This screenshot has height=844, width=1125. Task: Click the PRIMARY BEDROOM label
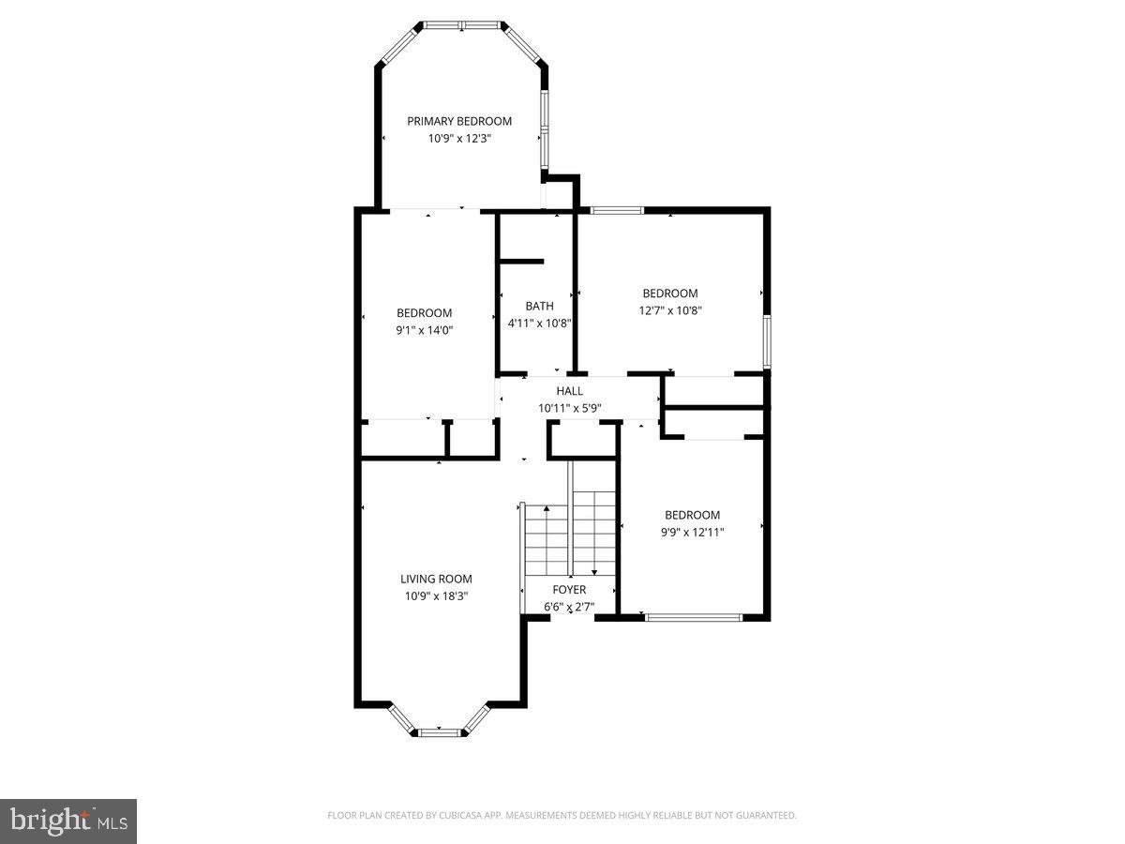(x=459, y=121)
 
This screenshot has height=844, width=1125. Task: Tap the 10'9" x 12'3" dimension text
(x=459, y=138)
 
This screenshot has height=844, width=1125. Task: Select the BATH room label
(x=539, y=306)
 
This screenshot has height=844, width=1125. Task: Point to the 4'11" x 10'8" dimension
(x=539, y=323)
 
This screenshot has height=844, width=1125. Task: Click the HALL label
(x=569, y=391)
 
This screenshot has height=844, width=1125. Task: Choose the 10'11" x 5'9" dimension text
(x=569, y=408)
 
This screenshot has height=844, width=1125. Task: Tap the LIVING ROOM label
(x=436, y=579)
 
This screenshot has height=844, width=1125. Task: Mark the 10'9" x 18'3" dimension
(x=436, y=595)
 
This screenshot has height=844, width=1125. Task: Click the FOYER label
(x=569, y=590)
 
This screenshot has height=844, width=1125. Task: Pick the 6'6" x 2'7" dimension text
(x=569, y=607)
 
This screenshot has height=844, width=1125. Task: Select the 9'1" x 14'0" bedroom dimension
(x=424, y=329)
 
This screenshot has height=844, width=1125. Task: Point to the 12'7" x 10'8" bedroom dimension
(x=669, y=309)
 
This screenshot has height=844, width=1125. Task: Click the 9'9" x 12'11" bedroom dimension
(x=693, y=532)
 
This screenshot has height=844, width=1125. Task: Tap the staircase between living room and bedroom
(x=570, y=539)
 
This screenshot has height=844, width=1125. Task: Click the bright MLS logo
(x=68, y=821)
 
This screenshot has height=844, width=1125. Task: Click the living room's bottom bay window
(x=438, y=731)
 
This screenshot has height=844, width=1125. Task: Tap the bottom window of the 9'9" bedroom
(x=694, y=617)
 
